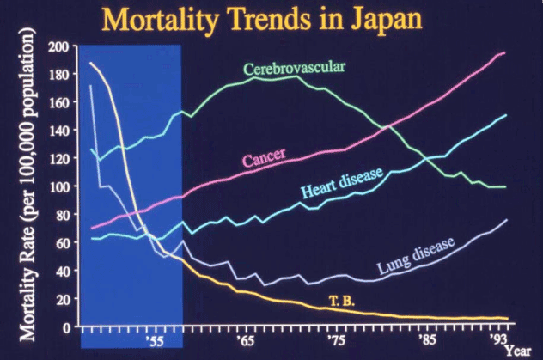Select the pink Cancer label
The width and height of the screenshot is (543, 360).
[x=264, y=160]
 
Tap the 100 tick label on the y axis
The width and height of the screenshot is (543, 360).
[x=58, y=186]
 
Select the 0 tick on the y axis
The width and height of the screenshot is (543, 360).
[x=65, y=327]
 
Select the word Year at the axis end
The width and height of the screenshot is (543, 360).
[x=517, y=351]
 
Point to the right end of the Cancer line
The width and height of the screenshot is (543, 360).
[x=504, y=53]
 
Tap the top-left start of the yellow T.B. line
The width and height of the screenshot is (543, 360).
[x=90, y=64]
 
